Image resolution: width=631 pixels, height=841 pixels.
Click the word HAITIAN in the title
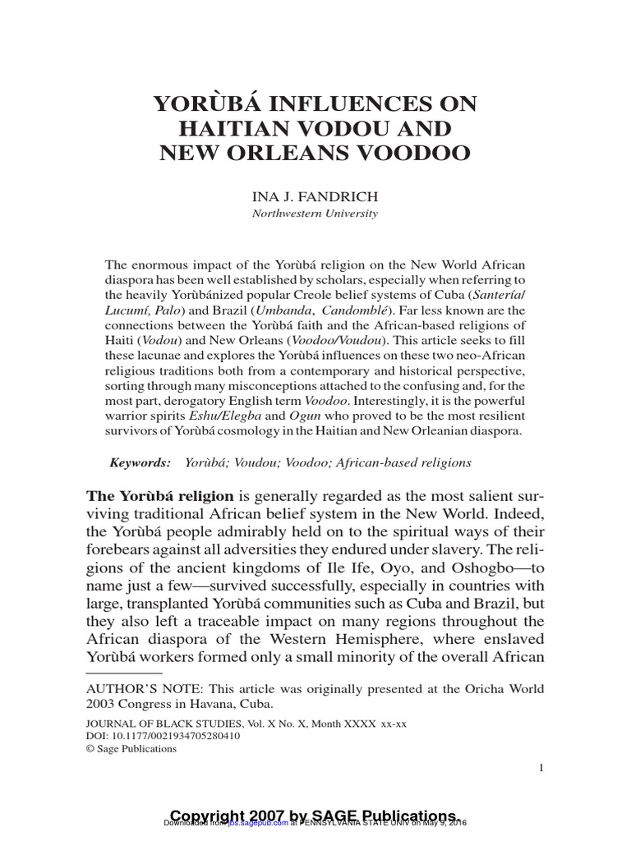coord(247,129)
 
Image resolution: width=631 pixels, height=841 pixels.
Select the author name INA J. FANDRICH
coord(315,197)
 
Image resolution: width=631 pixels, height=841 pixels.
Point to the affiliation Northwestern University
coord(315,214)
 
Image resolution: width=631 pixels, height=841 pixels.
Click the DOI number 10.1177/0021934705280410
coord(175,736)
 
